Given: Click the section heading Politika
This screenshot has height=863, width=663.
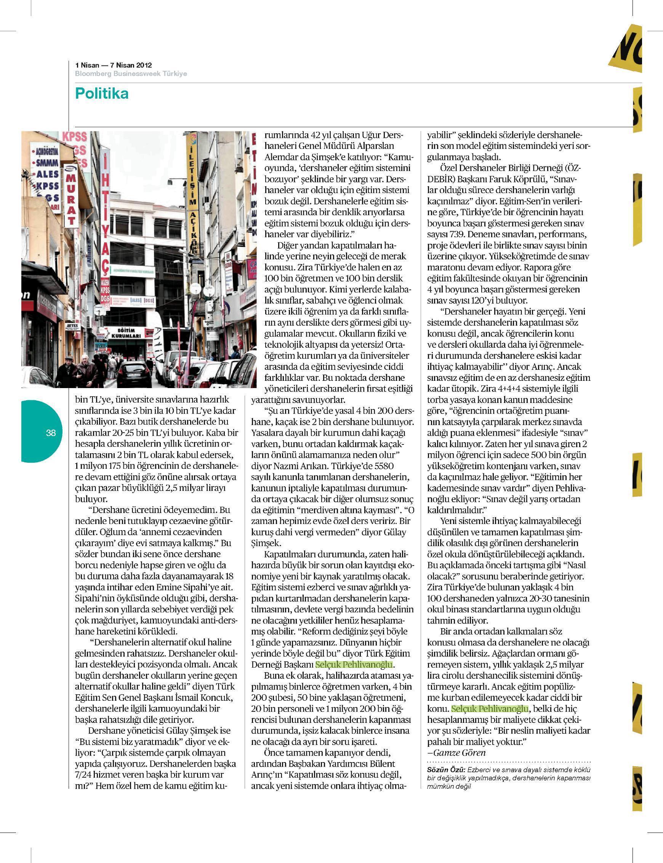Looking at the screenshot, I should click(x=102, y=94).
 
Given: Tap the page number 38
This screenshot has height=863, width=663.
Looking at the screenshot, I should click(x=51, y=433).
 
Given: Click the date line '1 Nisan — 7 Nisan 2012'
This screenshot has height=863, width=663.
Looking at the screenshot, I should click(x=113, y=65).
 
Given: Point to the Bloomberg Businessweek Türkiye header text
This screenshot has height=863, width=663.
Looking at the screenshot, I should click(x=131, y=74).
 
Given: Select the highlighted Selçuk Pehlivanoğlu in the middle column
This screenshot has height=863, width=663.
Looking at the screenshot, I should click(x=354, y=665).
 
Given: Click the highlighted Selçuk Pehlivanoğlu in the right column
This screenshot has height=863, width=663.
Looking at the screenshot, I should click(x=490, y=708).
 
